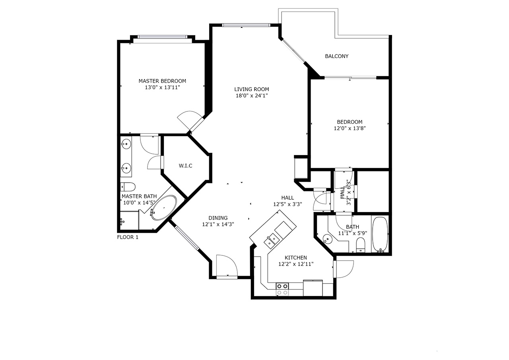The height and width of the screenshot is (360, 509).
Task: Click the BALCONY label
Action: coord(336,56)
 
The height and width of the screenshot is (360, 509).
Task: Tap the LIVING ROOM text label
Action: coord(252,89)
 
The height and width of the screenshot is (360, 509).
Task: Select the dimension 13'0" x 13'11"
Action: coord(163,87)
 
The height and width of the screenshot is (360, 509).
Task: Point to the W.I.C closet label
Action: coord(185,166)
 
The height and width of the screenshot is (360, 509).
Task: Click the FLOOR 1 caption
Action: coord(128,237)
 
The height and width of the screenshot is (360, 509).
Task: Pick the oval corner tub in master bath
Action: coord(164,208)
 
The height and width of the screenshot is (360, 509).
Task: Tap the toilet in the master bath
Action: coord(128,187)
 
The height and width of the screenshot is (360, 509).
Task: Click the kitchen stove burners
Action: coord(282,289)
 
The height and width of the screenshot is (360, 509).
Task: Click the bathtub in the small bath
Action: coord(380,234)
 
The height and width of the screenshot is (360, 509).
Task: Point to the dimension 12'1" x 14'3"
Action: coord(218,224)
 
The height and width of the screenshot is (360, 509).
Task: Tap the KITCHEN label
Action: coord(296,257)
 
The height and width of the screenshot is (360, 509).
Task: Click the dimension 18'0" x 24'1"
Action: coord(252,95)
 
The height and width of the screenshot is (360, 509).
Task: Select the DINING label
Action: coord(218,218)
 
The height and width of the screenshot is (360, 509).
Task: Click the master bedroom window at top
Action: coord(163,37)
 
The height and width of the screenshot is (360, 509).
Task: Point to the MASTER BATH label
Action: coord(139,196)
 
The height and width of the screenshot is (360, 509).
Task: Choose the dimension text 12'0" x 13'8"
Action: coord(350,128)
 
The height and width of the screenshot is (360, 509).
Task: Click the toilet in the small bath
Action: coord(361,245)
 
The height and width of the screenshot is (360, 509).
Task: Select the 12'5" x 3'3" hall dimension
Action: coord(288,204)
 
